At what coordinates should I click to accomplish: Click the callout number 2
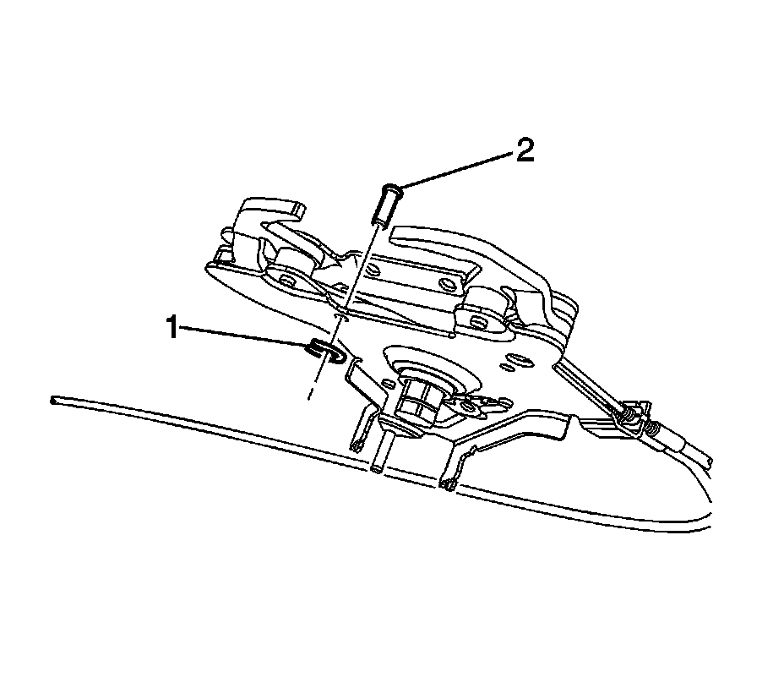525,151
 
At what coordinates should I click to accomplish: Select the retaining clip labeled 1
325,350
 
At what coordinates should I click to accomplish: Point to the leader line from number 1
245,337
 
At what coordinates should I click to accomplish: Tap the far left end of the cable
54,398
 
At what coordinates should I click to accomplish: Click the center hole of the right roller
477,321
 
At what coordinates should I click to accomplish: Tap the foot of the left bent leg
357,445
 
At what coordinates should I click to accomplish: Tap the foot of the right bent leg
448,483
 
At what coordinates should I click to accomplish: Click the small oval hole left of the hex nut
387,384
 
